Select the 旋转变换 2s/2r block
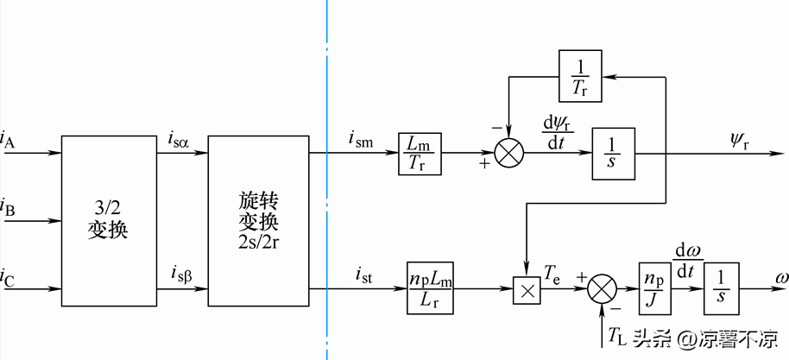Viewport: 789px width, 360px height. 259,220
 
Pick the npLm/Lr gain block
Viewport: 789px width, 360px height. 432,284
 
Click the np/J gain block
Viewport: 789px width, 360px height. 654,284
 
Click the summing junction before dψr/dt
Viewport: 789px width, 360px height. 510,155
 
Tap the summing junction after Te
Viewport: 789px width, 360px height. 604,287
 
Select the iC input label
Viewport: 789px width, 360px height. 8,278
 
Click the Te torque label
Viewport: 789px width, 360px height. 553,273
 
